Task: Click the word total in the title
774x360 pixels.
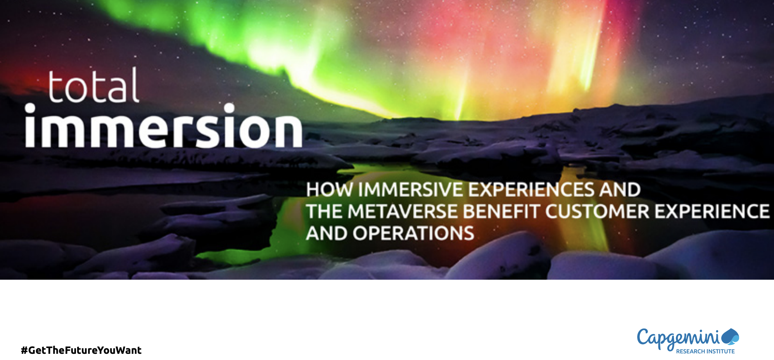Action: (93, 85)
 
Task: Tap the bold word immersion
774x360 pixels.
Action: (164, 126)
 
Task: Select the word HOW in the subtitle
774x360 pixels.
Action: (330, 190)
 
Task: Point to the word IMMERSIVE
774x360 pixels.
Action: (411, 190)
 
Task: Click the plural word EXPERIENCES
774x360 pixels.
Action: (531, 190)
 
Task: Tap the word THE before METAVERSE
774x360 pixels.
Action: (324, 211)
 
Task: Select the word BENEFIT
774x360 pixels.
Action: (502, 211)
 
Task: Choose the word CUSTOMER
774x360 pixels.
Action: (598, 211)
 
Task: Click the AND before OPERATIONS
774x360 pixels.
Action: (327, 234)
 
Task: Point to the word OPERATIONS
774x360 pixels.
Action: (413, 234)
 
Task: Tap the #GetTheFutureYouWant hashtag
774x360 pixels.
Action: (81, 350)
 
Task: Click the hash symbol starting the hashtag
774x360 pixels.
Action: (24, 350)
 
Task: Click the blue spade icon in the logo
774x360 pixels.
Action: (731, 336)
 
